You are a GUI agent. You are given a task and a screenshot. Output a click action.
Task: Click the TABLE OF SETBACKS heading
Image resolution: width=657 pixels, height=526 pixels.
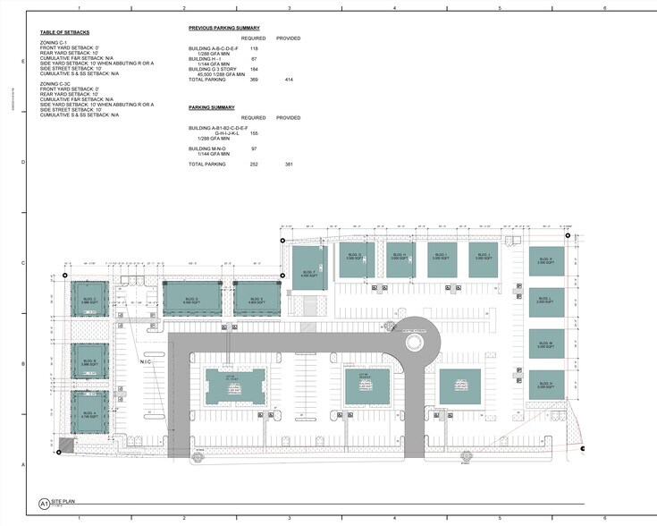64,32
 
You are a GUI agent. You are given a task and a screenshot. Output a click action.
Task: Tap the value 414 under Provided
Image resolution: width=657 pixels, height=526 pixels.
288,80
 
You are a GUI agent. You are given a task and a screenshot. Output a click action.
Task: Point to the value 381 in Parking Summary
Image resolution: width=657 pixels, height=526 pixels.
288,165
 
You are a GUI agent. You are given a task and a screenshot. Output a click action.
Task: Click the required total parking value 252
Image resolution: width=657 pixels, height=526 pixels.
254,165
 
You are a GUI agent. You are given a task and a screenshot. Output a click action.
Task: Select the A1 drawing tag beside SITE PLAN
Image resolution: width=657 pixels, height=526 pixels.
43,505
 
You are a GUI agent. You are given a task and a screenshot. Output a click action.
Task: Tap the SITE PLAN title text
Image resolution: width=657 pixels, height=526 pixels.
63,503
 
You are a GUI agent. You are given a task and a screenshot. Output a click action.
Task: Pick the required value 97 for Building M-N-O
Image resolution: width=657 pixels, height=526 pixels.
254,148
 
